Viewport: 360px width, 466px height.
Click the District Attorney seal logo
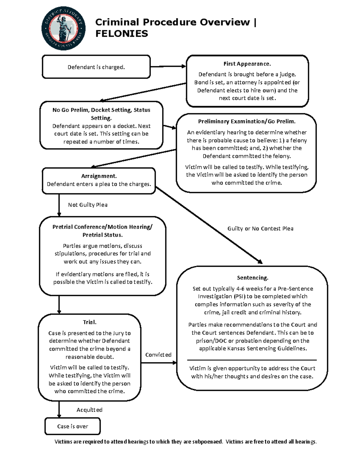[x=63, y=29]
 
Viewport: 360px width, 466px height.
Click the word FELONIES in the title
[x=121, y=34]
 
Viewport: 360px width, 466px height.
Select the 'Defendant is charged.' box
[x=96, y=67]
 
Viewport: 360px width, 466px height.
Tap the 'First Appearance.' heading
[x=247, y=64]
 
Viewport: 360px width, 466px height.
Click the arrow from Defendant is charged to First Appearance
[x=168, y=66]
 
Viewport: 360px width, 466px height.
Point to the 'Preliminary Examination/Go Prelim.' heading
[x=247, y=121]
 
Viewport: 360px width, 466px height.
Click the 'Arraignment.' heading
[x=99, y=176]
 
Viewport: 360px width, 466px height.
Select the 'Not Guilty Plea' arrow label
[x=88, y=205]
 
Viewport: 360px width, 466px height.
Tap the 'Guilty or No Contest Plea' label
[x=260, y=228]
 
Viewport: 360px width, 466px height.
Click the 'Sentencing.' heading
[x=252, y=278]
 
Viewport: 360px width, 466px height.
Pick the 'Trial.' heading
[x=89, y=322]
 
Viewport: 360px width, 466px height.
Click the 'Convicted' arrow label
[x=158, y=355]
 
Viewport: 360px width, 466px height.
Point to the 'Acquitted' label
[x=89, y=410]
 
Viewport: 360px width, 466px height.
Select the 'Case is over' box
[x=73, y=426]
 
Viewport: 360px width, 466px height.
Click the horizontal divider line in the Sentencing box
[x=252, y=360]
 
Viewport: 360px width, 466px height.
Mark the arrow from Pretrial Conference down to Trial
[x=59, y=305]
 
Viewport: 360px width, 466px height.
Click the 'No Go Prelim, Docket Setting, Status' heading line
[x=101, y=110]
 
